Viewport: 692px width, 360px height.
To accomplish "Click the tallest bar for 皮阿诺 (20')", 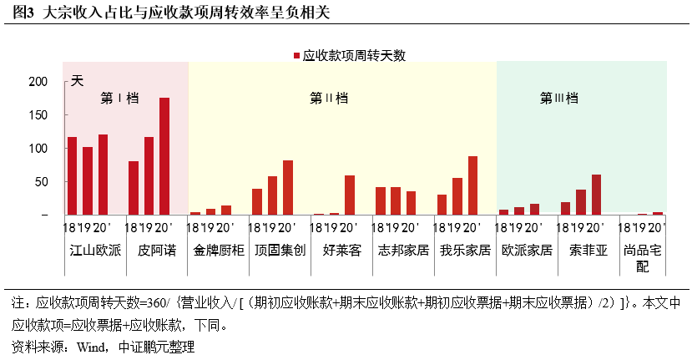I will click(x=164, y=156).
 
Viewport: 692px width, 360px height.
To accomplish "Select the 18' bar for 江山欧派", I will click(x=73, y=175).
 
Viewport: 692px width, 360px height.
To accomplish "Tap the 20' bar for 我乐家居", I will click(x=473, y=185).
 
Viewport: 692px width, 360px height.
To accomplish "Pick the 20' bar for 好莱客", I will click(x=350, y=195).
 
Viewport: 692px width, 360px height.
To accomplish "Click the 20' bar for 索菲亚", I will click(x=596, y=195).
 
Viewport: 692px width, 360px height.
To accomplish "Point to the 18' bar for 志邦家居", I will click(x=381, y=200).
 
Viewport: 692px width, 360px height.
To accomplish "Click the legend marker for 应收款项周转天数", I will click(x=296, y=56).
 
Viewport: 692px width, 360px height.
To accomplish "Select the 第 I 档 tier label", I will click(x=119, y=98).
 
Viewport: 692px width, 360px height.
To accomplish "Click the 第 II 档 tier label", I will click(x=328, y=98).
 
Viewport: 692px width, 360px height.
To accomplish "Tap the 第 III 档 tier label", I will click(x=559, y=98).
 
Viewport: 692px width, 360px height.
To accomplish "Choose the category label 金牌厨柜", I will click(x=218, y=249).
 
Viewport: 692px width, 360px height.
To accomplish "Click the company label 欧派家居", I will click(x=527, y=249).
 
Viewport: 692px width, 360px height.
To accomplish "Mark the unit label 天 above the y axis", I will click(x=77, y=81).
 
